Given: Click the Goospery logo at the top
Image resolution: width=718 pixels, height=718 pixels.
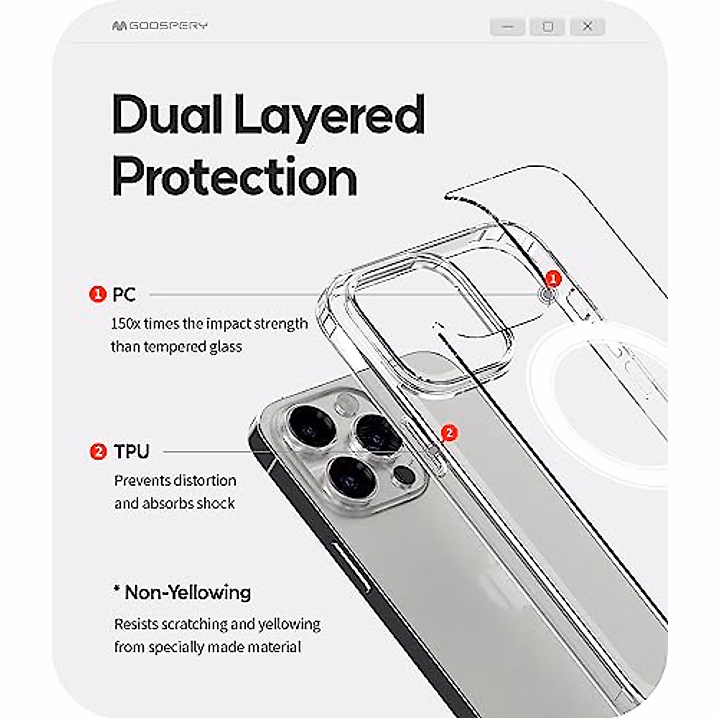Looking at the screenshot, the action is coord(159,26).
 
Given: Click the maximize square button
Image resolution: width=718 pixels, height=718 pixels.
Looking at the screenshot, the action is coord(547,27).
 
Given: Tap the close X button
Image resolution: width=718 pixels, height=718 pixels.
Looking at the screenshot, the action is coord(588,27).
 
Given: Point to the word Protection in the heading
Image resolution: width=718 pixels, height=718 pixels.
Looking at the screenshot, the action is coord(235,177).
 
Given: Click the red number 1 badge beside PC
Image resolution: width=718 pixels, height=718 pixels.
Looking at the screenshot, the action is coord(97,294).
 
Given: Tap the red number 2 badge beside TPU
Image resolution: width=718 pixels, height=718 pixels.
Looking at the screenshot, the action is coord(98,451).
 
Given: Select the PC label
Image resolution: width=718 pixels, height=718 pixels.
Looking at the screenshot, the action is coord(124,294).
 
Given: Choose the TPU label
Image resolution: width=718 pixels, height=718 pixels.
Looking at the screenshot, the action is coord(132,451).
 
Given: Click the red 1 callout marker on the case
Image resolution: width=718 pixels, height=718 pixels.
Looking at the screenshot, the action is coord(553,278).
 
